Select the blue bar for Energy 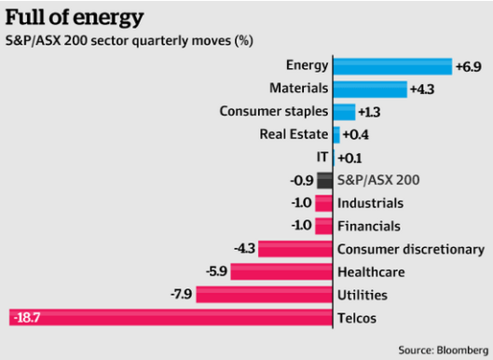pos(391,65)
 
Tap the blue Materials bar pos(370,89)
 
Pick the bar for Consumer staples pos(344,112)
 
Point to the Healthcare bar pos(281,272)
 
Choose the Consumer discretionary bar pos(295,249)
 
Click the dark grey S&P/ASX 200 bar pos(324,181)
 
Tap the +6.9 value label pos(467,66)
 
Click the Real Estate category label pos(294,135)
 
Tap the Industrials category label pos(370,203)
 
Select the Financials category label pos(369,227)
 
